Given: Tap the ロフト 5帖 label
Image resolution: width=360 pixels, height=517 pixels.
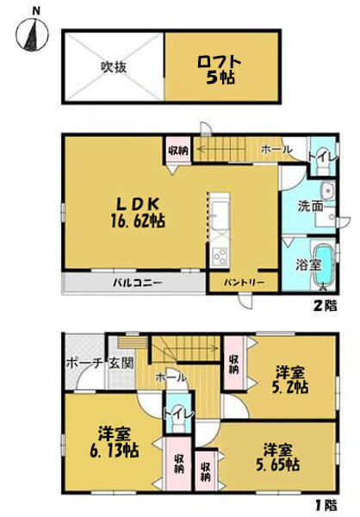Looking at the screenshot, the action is (x=220, y=70).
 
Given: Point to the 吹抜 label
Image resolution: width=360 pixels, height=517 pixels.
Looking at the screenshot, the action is (x=114, y=67).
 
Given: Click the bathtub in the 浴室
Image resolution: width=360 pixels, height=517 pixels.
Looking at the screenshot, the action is (x=323, y=264).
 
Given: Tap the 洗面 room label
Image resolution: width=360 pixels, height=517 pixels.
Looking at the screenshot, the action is (x=311, y=207).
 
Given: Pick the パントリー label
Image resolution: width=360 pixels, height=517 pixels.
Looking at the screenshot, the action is (x=244, y=283).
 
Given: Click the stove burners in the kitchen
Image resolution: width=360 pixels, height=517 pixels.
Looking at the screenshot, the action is (x=220, y=256).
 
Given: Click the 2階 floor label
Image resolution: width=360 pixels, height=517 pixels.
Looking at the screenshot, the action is (x=325, y=306).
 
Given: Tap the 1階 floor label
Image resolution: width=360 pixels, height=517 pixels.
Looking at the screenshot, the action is (x=325, y=505).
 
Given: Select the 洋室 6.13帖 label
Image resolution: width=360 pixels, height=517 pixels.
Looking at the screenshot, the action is (x=114, y=442).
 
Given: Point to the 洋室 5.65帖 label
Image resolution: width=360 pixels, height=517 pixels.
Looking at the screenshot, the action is (x=278, y=458).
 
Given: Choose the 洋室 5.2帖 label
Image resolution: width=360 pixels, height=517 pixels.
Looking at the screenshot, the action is (x=290, y=380).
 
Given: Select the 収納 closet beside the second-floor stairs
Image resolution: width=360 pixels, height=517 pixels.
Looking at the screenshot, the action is (x=178, y=150).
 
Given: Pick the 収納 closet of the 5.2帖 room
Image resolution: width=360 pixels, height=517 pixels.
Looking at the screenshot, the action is (x=234, y=364).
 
